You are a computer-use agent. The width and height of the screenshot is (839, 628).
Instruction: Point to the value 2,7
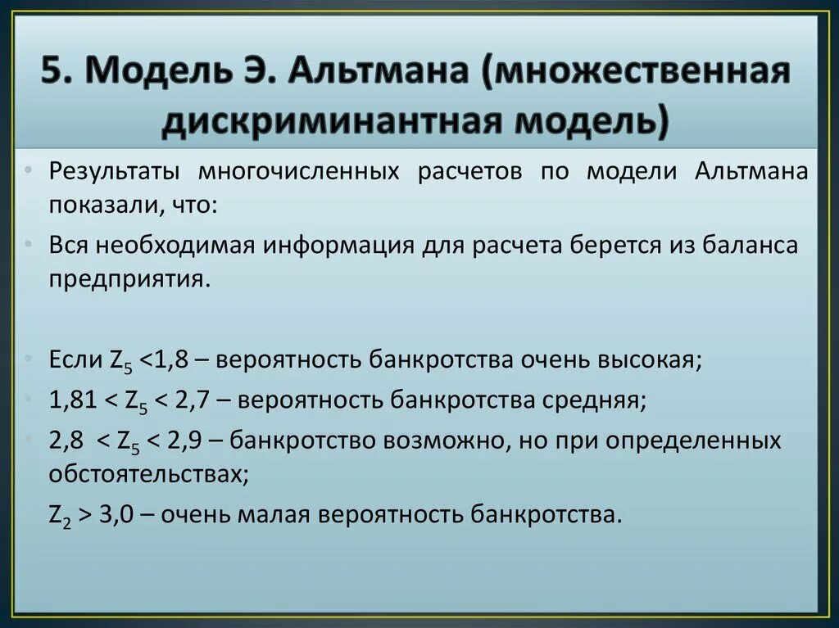pyautogui.click(x=195, y=401)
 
